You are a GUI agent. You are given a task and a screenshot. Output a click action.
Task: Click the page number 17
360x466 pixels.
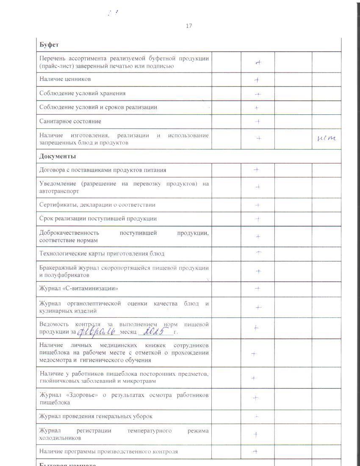coord(189,26)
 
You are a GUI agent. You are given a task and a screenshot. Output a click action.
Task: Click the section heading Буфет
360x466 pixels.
coord(49,44)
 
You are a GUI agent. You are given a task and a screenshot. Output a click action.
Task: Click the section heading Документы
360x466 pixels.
coord(58,156)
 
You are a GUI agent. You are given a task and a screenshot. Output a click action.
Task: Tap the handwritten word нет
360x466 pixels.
coord(326,138)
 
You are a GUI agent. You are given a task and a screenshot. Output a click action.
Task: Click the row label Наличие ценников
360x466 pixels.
coord(65,79)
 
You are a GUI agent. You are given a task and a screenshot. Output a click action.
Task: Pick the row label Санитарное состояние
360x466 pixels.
coord(70,122)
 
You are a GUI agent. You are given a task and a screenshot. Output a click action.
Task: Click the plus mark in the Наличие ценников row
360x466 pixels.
coord(257,80)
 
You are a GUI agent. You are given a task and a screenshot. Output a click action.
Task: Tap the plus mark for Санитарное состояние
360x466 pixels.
coord(257,122)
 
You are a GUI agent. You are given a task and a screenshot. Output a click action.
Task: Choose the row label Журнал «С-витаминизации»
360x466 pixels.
coord(79,288)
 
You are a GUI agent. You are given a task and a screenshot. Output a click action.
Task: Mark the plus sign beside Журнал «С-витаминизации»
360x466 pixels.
coord(258,288)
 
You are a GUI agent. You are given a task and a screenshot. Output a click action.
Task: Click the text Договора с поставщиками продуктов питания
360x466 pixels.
coord(102,170)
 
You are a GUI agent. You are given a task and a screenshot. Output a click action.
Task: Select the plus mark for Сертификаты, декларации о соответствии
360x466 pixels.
coord(258,205)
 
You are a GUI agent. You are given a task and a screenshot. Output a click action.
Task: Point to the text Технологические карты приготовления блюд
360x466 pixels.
coord(102,254)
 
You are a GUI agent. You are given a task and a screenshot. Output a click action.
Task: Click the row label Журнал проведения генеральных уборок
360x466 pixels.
coord(96,416)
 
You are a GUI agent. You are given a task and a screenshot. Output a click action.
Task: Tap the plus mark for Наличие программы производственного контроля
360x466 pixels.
coord(255,452)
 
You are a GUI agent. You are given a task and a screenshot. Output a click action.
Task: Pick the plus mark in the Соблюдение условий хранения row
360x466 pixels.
coord(257,94)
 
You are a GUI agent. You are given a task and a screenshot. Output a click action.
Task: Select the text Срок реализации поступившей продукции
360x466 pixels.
coord(98,219)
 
